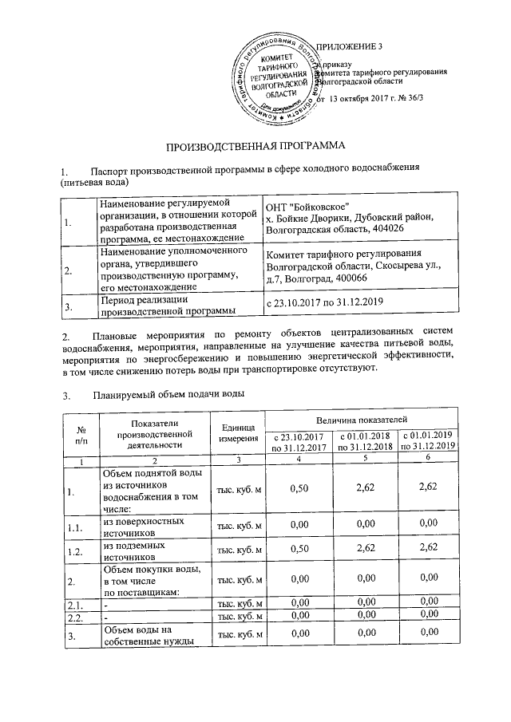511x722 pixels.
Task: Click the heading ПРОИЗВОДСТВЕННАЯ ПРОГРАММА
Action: (x=255, y=147)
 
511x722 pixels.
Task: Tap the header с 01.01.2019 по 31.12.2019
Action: (x=429, y=442)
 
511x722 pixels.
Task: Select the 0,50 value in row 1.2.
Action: (x=299, y=550)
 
